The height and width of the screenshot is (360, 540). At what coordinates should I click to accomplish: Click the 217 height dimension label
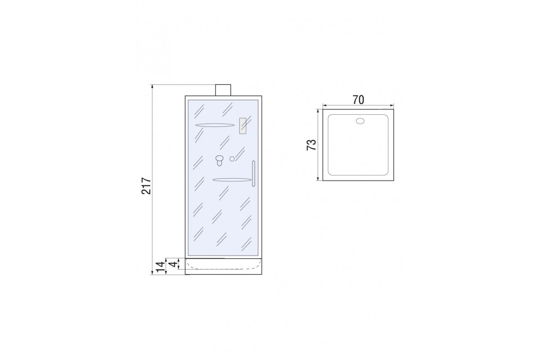(146, 186)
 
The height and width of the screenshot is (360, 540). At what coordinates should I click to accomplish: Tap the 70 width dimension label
(358, 100)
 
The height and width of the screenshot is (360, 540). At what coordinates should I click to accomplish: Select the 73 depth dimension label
(311, 145)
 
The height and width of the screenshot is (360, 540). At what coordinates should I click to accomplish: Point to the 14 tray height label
(161, 267)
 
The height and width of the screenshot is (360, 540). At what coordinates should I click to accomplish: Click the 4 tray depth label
(173, 265)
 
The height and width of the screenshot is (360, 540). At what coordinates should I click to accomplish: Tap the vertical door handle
(253, 174)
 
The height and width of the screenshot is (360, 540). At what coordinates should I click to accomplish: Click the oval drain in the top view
(360, 121)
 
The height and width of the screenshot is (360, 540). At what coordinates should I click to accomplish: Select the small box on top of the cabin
(223, 90)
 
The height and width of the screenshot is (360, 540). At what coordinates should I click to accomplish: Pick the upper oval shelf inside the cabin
(214, 125)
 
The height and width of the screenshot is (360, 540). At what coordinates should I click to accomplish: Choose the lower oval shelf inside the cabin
(232, 180)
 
